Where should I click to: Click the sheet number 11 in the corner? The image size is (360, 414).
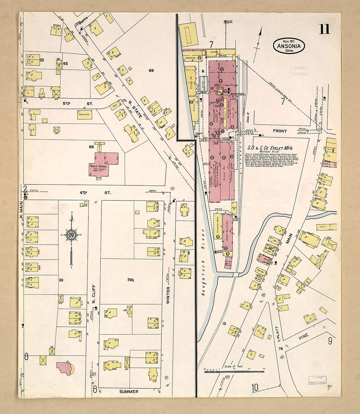[x=325, y=29]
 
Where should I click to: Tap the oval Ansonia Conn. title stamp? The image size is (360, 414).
[x=289, y=46]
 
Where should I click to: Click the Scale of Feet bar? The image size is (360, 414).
[x=234, y=371]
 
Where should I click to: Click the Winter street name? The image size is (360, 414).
[x=168, y=296]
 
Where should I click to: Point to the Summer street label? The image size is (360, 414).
[x=129, y=391]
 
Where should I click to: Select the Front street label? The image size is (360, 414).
[x=280, y=131]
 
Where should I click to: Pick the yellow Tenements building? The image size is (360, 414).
[x=84, y=115]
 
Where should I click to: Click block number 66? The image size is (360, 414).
[x=151, y=70]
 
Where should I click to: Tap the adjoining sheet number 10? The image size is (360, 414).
[x=255, y=388]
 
